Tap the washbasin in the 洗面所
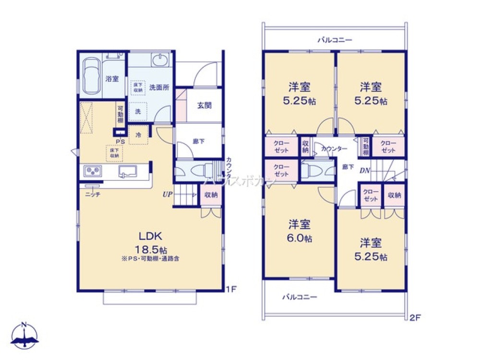click(x=158, y=61)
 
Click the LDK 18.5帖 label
click(x=153, y=242)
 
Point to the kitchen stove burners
click(x=92, y=171)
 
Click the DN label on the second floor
click(x=365, y=170)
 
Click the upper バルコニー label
click(x=335, y=40)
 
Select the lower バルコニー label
click(x=299, y=297)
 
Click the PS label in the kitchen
click(x=120, y=141)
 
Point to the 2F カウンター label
click(x=334, y=149)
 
